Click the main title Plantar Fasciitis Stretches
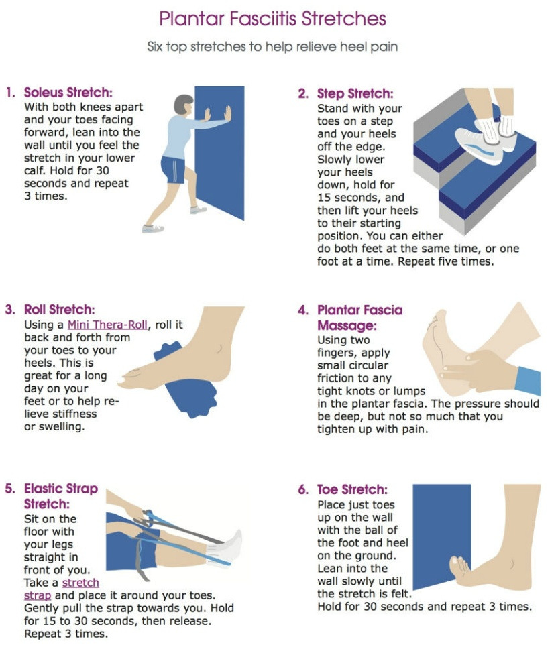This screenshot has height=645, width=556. [272, 19]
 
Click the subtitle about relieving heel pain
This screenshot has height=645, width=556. [272, 46]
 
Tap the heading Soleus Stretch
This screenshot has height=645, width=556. [68, 92]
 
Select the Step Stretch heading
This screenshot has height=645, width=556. [355, 93]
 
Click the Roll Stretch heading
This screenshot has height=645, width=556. [59, 309]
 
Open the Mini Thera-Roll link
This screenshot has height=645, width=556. [107, 325]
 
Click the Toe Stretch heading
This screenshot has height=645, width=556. [352, 489]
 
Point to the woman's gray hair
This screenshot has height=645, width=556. [182, 103]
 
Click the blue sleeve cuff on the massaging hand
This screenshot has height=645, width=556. [529, 382]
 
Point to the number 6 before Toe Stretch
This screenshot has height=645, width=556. [303, 489]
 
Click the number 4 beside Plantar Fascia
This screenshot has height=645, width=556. [303, 310]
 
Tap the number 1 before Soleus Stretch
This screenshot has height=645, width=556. [11, 92]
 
